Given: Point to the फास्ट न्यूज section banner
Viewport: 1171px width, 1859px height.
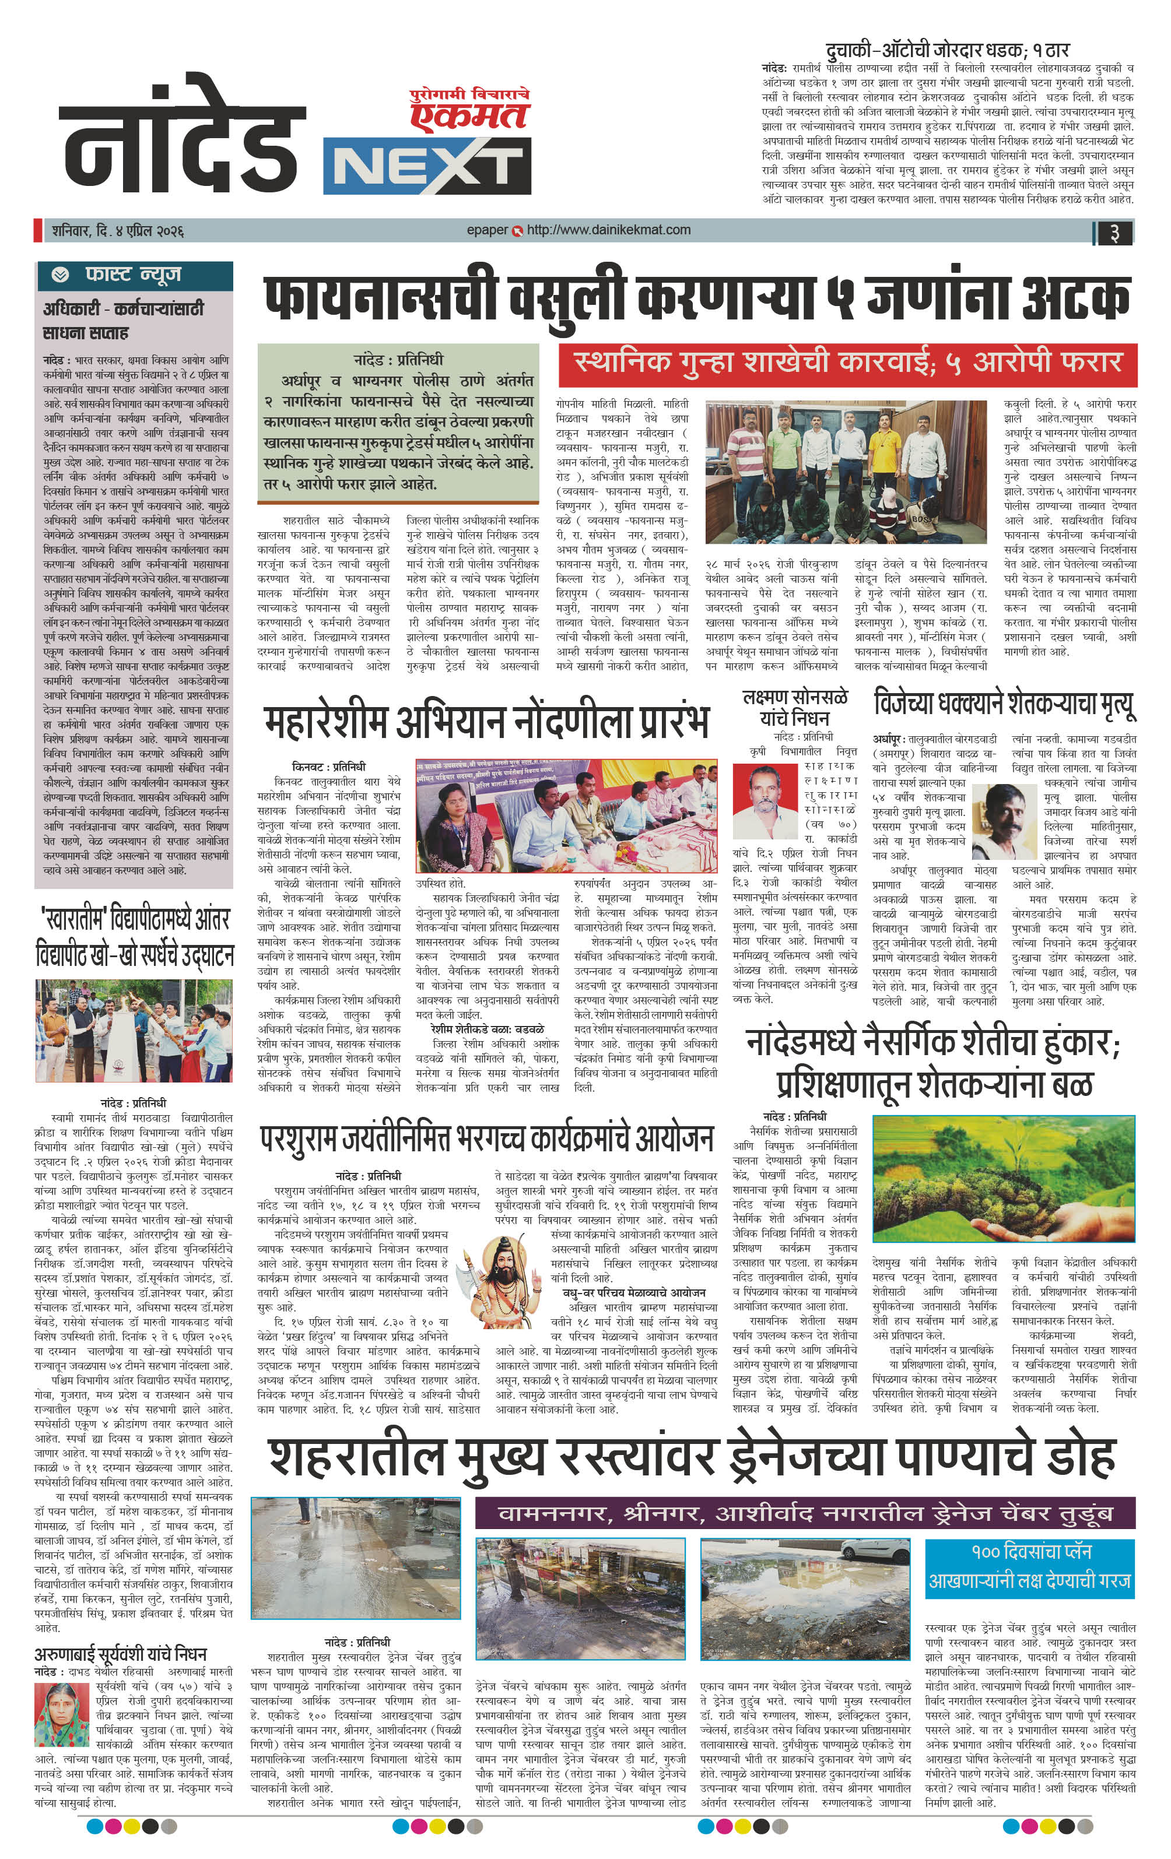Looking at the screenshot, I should click(134, 274).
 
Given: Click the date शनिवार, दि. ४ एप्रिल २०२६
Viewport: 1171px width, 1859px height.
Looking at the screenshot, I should click(117, 231).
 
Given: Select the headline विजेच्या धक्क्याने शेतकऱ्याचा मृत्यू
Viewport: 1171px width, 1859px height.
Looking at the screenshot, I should click(1004, 704).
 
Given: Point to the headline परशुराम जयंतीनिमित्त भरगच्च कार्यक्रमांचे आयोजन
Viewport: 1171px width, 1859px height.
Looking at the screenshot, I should click(486, 1138).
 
